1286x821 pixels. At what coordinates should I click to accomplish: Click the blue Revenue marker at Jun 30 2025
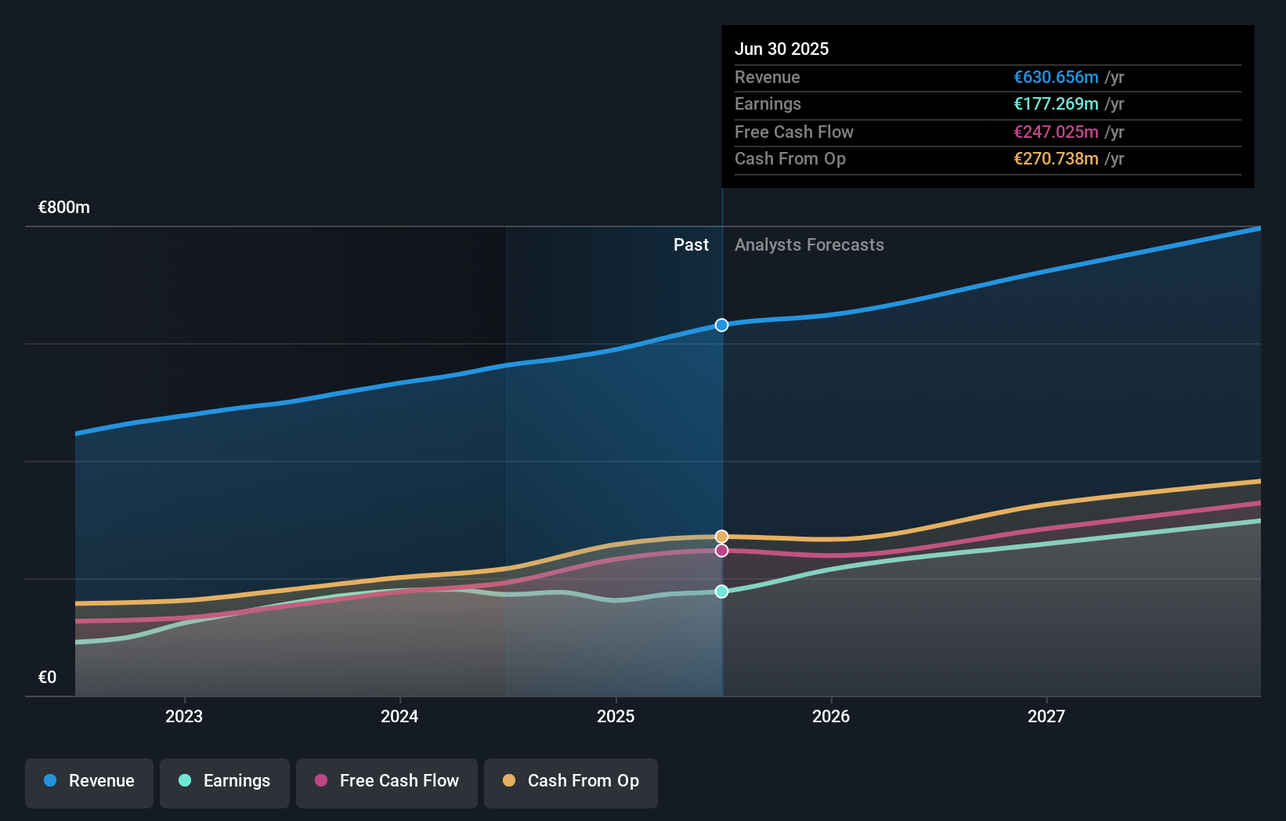coord(721,325)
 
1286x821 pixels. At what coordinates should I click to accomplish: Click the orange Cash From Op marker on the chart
coord(721,537)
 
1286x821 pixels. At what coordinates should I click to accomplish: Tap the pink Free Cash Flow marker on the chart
coord(721,551)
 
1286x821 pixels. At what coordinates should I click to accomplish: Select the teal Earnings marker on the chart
coord(721,591)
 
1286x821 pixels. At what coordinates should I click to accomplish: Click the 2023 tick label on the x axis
coord(184,716)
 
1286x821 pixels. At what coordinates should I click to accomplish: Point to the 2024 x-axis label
coord(399,716)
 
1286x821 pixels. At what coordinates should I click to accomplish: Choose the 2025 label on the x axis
coord(616,716)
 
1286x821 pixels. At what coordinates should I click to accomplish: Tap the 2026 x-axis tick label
coord(831,716)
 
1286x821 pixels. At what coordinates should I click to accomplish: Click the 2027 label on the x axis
coord(1046,716)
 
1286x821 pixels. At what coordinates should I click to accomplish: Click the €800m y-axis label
coord(64,208)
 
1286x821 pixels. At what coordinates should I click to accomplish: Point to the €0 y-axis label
coord(47,678)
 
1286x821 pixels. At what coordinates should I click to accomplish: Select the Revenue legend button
coord(89,781)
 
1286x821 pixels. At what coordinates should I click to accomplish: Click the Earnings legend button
coord(225,781)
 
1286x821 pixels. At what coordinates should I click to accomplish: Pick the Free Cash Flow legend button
coord(387,781)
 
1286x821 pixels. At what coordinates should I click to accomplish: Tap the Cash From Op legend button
coord(571,781)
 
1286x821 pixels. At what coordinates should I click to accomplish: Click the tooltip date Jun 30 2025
coord(782,49)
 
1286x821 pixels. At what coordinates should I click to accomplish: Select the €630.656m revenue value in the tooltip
coord(1056,77)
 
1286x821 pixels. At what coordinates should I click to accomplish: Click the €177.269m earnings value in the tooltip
coord(1056,103)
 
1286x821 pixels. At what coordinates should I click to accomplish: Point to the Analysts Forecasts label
coord(809,245)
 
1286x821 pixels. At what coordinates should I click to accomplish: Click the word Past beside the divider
coord(691,245)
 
